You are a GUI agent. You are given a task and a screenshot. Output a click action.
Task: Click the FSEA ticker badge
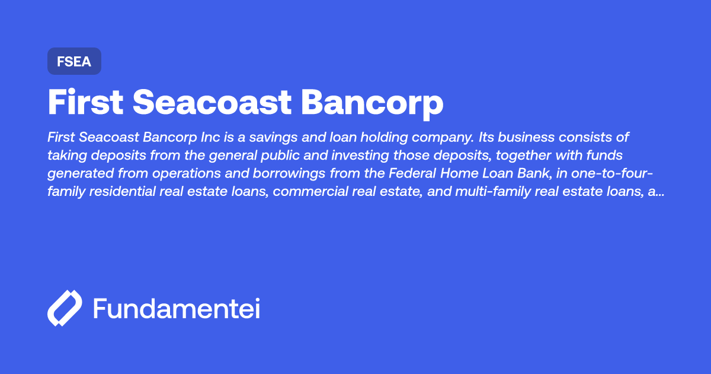tap(74, 61)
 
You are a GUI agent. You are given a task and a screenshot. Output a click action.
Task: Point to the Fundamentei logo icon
tap(64, 308)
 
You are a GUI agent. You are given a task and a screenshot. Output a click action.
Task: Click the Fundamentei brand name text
tap(177, 309)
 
